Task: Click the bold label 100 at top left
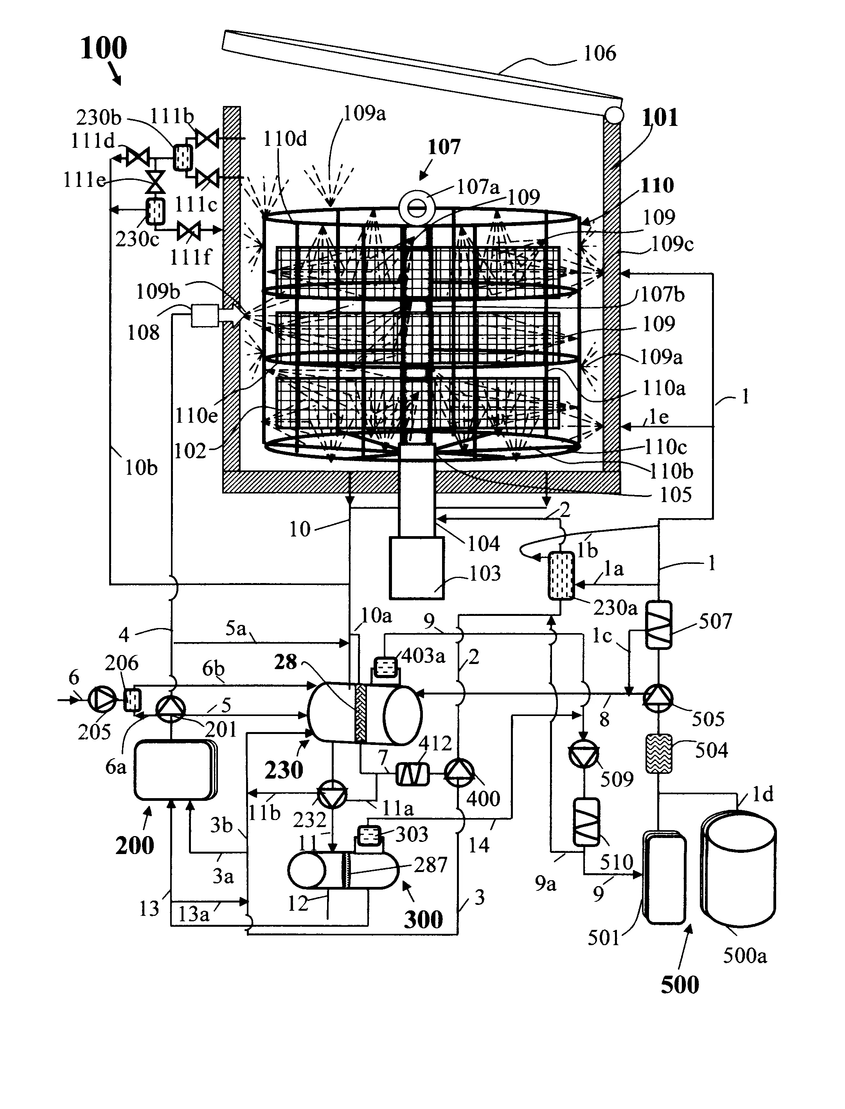pyautogui.click(x=104, y=49)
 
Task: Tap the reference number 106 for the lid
pyautogui.click(x=600, y=53)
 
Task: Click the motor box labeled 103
pyautogui.click(x=417, y=568)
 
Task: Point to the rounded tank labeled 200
pyautogui.click(x=174, y=770)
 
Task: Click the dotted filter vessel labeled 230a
pyautogui.click(x=561, y=576)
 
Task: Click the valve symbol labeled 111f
pyautogui.click(x=189, y=231)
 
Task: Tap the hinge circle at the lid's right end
pyautogui.click(x=613, y=116)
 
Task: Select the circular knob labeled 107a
pyautogui.click(x=417, y=208)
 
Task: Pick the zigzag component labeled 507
pyautogui.click(x=658, y=625)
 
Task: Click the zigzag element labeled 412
pyautogui.click(x=412, y=774)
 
